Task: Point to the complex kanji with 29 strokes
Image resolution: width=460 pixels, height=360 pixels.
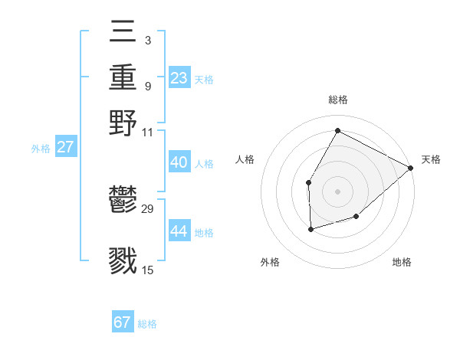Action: coord(123,200)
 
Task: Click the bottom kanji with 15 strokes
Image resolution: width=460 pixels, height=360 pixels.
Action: coord(123,260)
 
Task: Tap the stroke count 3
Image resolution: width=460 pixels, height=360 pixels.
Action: coord(147,40)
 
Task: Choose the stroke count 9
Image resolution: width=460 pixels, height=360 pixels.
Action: coord(147,85)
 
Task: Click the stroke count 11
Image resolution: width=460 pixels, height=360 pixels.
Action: coord(148,132)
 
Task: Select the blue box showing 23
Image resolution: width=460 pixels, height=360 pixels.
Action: coord(179,77)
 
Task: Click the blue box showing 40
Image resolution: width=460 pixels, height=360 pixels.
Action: coord(179,162)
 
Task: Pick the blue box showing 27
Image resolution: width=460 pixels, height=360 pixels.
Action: coord(65,147)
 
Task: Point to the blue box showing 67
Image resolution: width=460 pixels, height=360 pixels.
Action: coord(123,322)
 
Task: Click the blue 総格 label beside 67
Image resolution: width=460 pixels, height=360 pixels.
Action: coord(147,324)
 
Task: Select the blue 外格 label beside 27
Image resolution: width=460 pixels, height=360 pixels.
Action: coord(41,149)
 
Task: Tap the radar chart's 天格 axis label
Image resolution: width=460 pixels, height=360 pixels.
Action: coord(431,159)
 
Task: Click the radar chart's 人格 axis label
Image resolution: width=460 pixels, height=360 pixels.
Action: coord(245,159)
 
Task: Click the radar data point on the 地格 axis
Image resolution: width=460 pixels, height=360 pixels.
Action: coord(356,218)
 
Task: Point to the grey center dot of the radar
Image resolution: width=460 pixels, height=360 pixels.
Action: coord(337,191)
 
